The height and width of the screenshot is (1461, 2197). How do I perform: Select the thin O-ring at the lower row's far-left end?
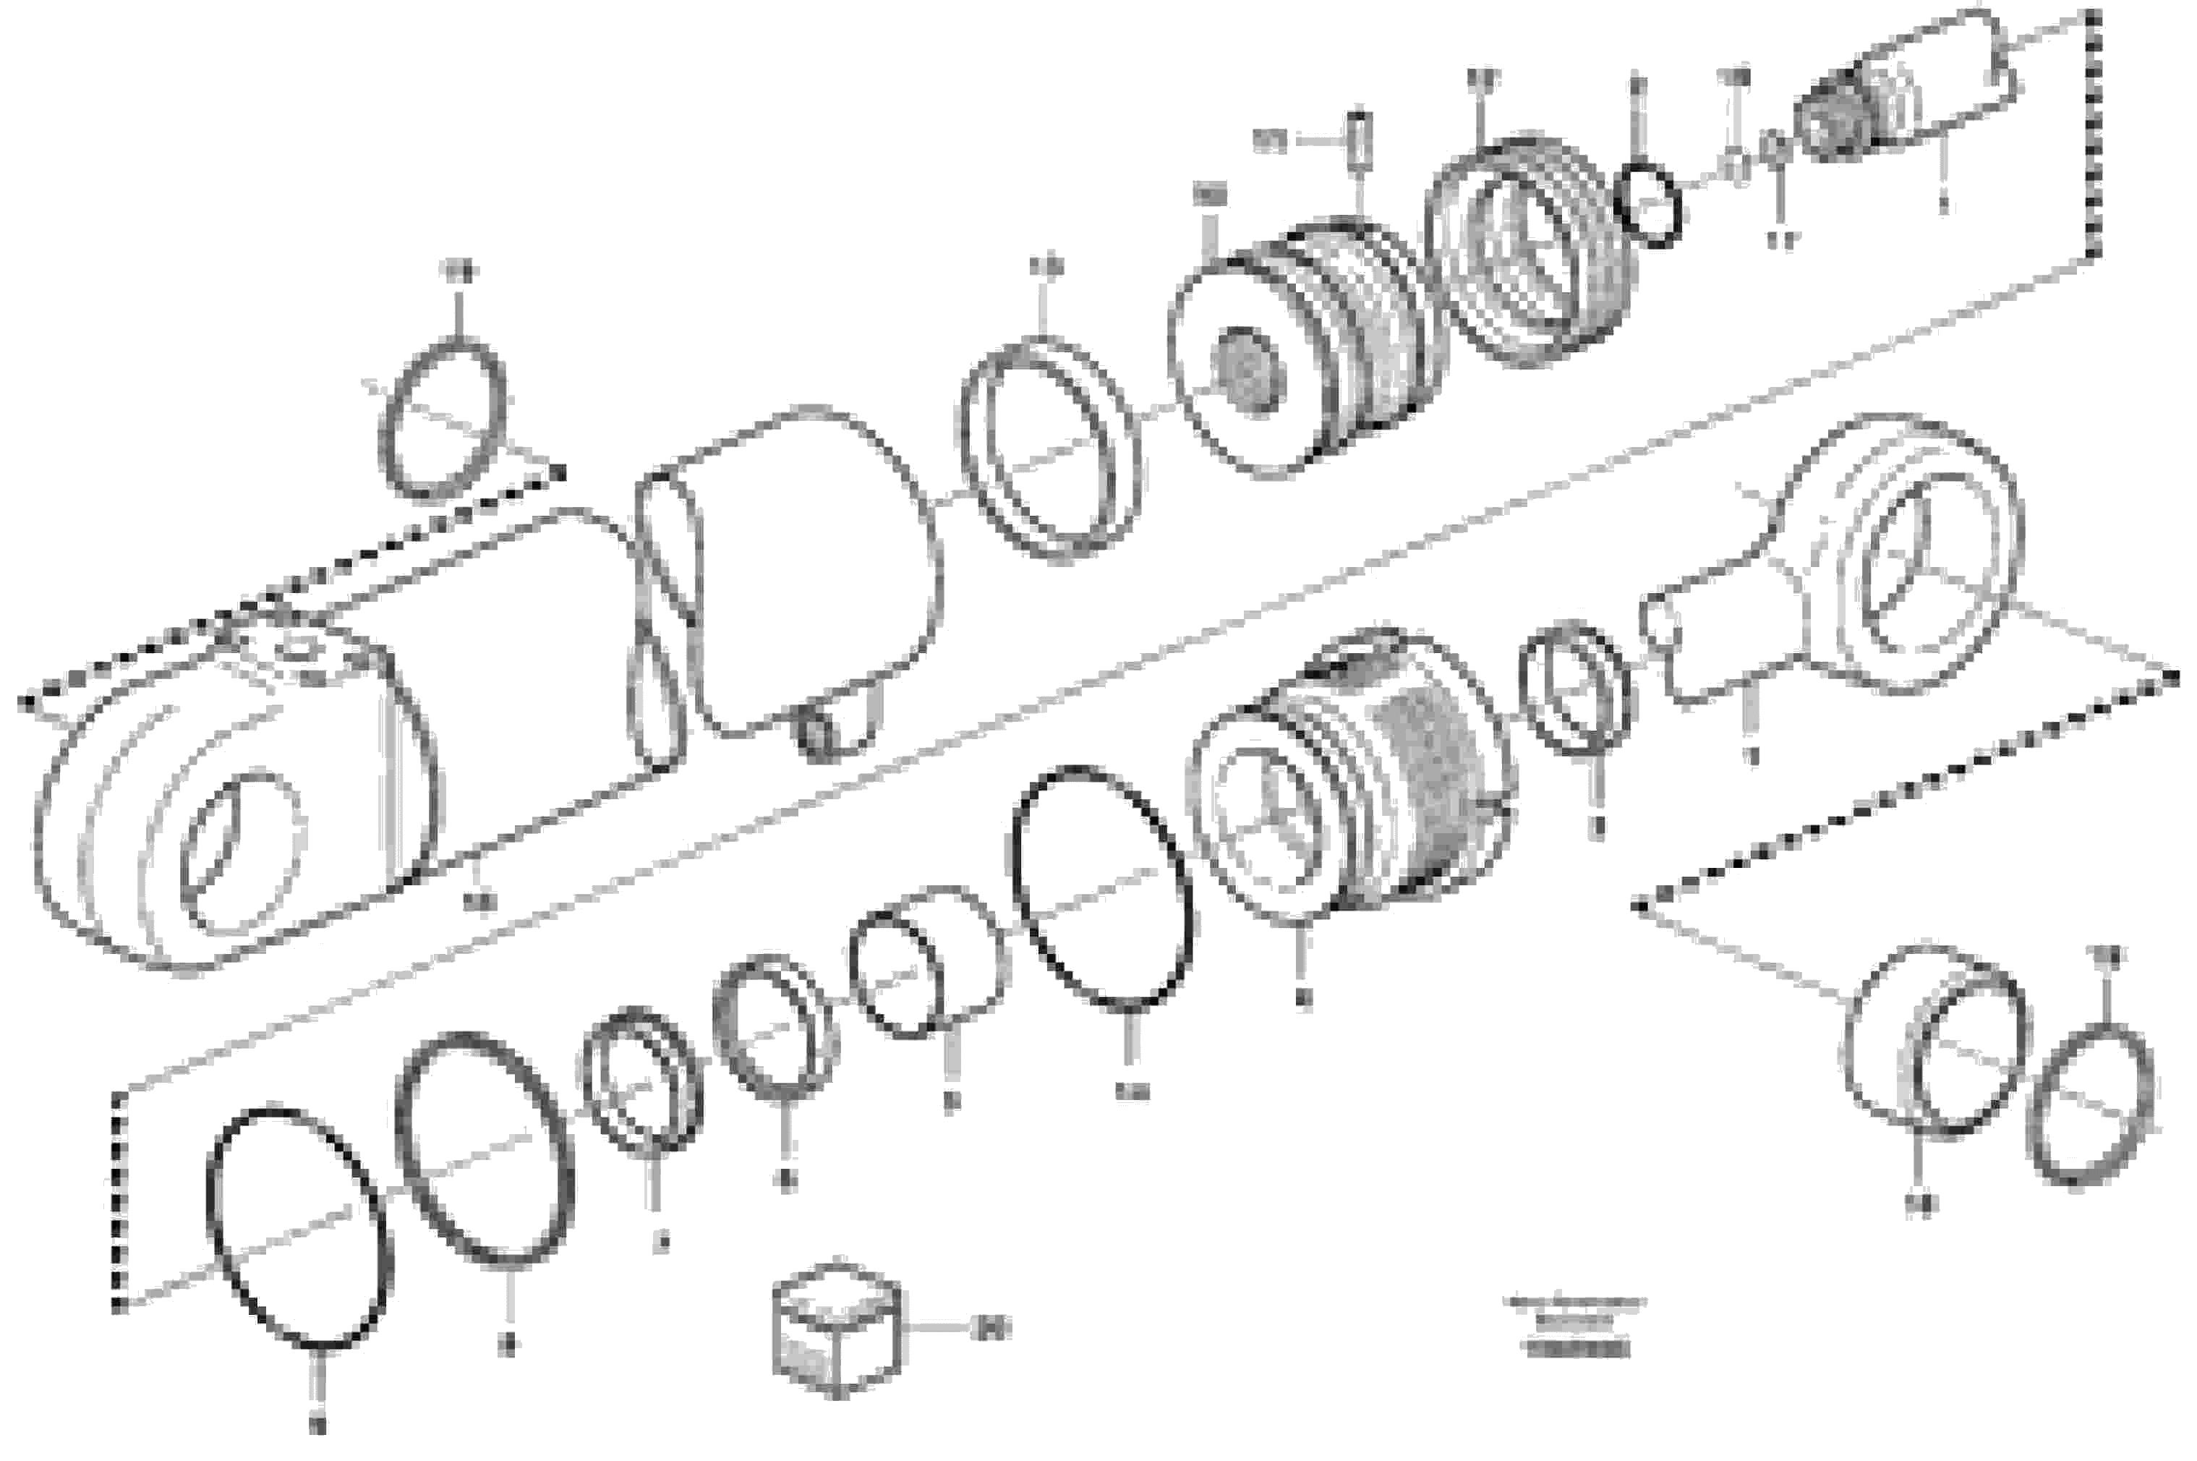pos(298,1229)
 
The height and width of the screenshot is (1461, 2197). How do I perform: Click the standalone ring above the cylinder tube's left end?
pos(443,421)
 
